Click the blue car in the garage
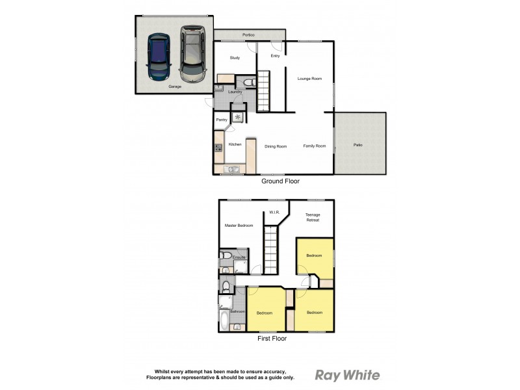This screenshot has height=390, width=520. pyautogui.click(x=158, y=56)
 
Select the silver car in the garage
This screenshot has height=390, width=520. pyautogui.click(x=192, y=52)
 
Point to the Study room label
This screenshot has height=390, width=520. pyautogui.click(x=235, y=58)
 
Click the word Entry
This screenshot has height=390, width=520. pyautogui.click(x=275, y=56)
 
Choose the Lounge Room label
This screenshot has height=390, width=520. pyautogui.click(x=309, y=79)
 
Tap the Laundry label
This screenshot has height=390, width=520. pyautogui.click(x=235, y=92)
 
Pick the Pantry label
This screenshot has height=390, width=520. pyautogui.click(x=221, y=120)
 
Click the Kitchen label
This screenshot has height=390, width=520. pyautogui.click(x=235, y=144)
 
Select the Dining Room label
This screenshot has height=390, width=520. pyautogui.click(x=276, y=146)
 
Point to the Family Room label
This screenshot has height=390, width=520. pyautogui.click(x=315, y=146)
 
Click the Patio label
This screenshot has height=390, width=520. pyautogui.click(x=358, y=144)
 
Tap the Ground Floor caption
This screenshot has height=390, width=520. pyautogui.click(x=281, y=181)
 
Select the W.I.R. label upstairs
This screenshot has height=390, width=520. pyautogui.click(x=274, y=212)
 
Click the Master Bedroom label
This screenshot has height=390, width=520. pyautogui.click(x=239, y=226)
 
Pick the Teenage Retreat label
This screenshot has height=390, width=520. pyautogui.click(x=313, y=217)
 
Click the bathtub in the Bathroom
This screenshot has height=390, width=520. pyautogui.click(x=225, y=320)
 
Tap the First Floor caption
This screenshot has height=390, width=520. pyautogui.click(x=272, y=338)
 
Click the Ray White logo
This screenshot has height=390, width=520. pyautogui.click(x=347, y=375)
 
